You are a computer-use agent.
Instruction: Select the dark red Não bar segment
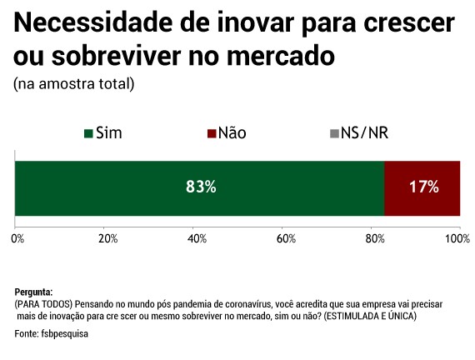[x=422, y=187]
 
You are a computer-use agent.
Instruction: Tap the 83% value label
[x=201, y=187]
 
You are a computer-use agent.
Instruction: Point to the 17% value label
[x=424, y=187]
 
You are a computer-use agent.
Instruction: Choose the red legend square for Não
[x=210, y=133]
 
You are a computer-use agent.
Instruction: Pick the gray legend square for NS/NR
[x=333, y=133]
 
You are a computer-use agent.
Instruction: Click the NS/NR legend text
[x=365, y=133]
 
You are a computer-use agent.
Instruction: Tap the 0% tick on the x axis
[x=17, y=239]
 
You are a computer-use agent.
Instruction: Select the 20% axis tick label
[x=107, y=239]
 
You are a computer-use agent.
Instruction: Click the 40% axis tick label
[x=196, y=239]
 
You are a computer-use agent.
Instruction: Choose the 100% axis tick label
[x=457, y=239]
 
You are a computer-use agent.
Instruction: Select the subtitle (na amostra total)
[x=73, y=84]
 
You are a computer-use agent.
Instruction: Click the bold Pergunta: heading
[x=34, y=292]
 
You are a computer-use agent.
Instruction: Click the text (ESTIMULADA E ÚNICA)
[x=371, y=317]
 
